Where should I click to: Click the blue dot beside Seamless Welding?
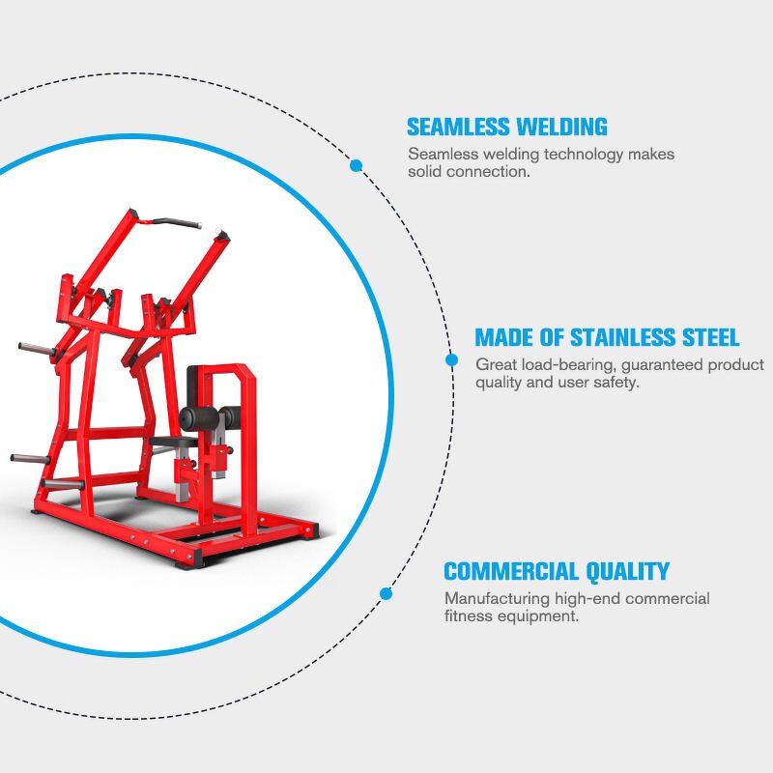pyautogui.click(x=356, y=166)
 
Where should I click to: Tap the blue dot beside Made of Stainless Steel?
pyautogui.click(x=451, y=360)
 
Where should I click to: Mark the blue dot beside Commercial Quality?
pyautogui.click(x=386, y=593)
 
